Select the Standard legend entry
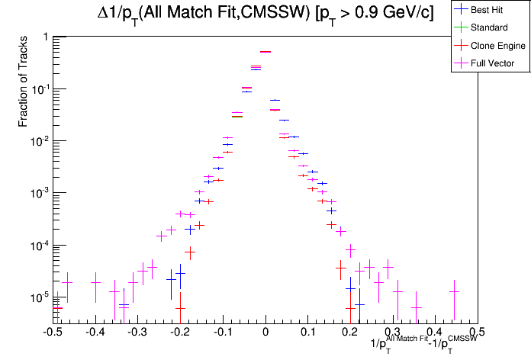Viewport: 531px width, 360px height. (488, 28)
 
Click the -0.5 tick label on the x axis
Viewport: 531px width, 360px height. (53, 333)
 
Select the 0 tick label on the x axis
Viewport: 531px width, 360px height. (265, 333)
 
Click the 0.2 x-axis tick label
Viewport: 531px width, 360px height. (350, 333)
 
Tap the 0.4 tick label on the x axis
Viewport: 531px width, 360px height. (435, 333)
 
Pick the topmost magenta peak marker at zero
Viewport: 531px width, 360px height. (265, 52)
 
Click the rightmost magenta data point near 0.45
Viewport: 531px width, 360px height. (454, 291)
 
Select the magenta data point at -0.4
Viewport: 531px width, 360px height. (95, 282)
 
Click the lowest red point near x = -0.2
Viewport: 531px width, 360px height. (180, 309)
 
